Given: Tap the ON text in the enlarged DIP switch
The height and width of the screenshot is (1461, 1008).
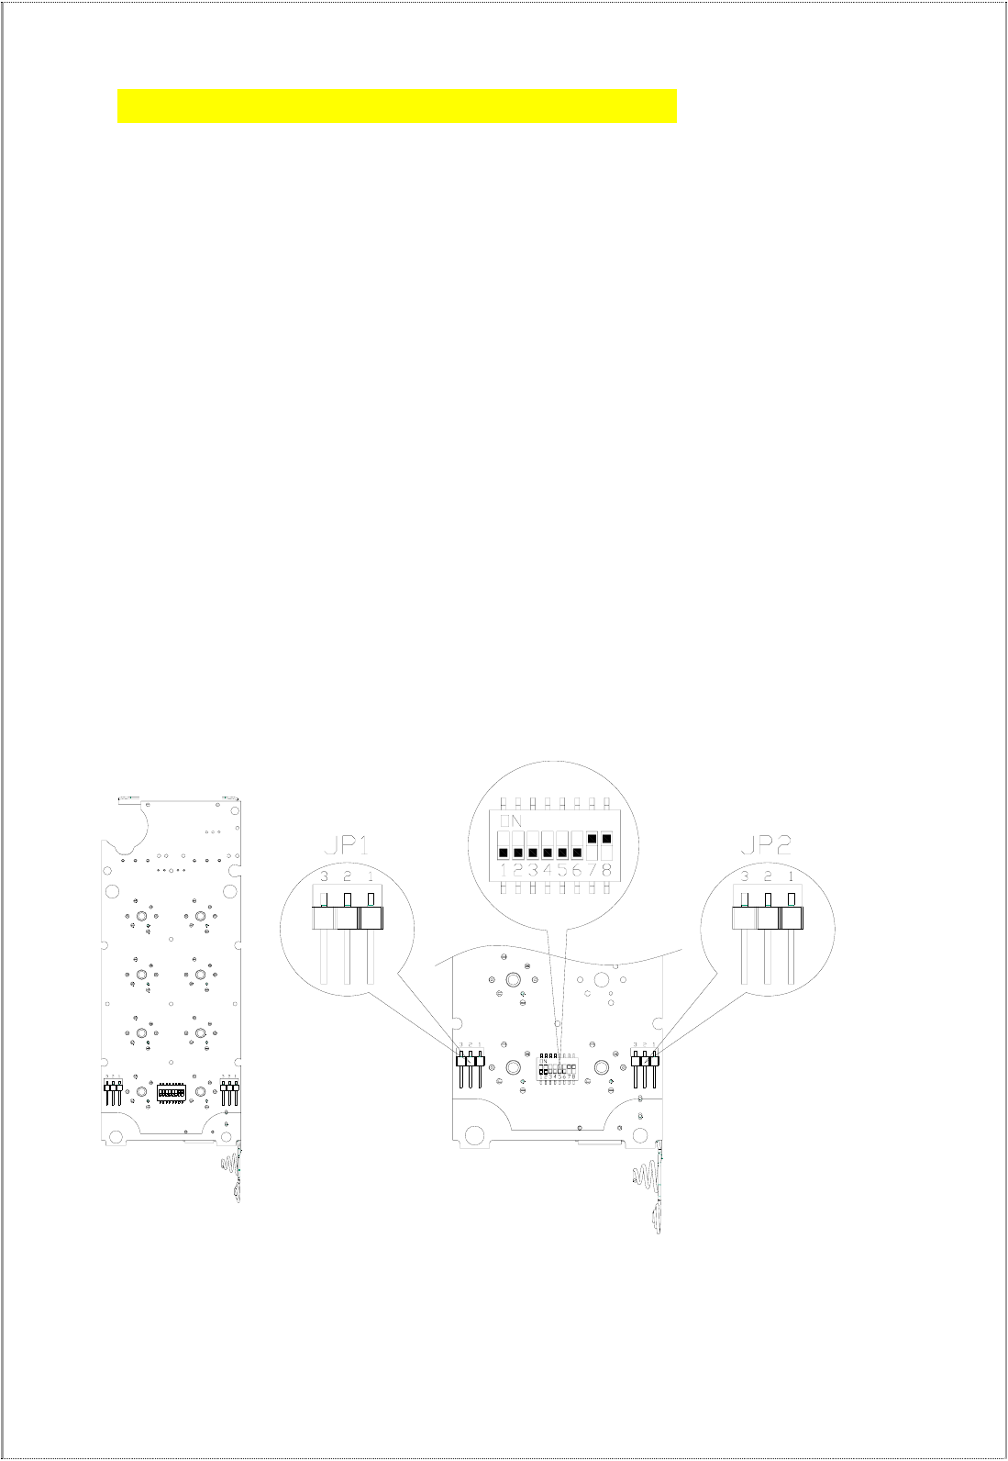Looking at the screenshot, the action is [x=511, y=820].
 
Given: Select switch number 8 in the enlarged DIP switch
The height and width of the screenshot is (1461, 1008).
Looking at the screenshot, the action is [x=606, y=839].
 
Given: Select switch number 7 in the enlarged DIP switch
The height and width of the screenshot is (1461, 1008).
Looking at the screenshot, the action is [x=592, y=839].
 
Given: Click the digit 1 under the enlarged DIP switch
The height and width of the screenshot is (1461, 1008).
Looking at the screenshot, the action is [x=504, y=868].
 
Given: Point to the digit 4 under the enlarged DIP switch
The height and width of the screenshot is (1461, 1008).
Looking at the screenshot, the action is [x=548, y=868].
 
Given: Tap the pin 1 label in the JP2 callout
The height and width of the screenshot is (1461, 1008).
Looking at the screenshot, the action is [x=791, y=876].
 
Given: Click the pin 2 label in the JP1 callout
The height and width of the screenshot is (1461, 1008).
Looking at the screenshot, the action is [x=347, y=876].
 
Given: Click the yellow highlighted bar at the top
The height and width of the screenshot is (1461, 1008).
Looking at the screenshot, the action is [x=396, y=106].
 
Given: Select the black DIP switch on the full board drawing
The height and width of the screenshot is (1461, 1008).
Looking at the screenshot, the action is [x=172, y=1093].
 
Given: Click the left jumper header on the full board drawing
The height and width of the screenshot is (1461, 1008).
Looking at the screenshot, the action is [x=113, y=1092].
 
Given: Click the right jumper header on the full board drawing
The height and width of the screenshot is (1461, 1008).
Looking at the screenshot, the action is [x=229, y=1092].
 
